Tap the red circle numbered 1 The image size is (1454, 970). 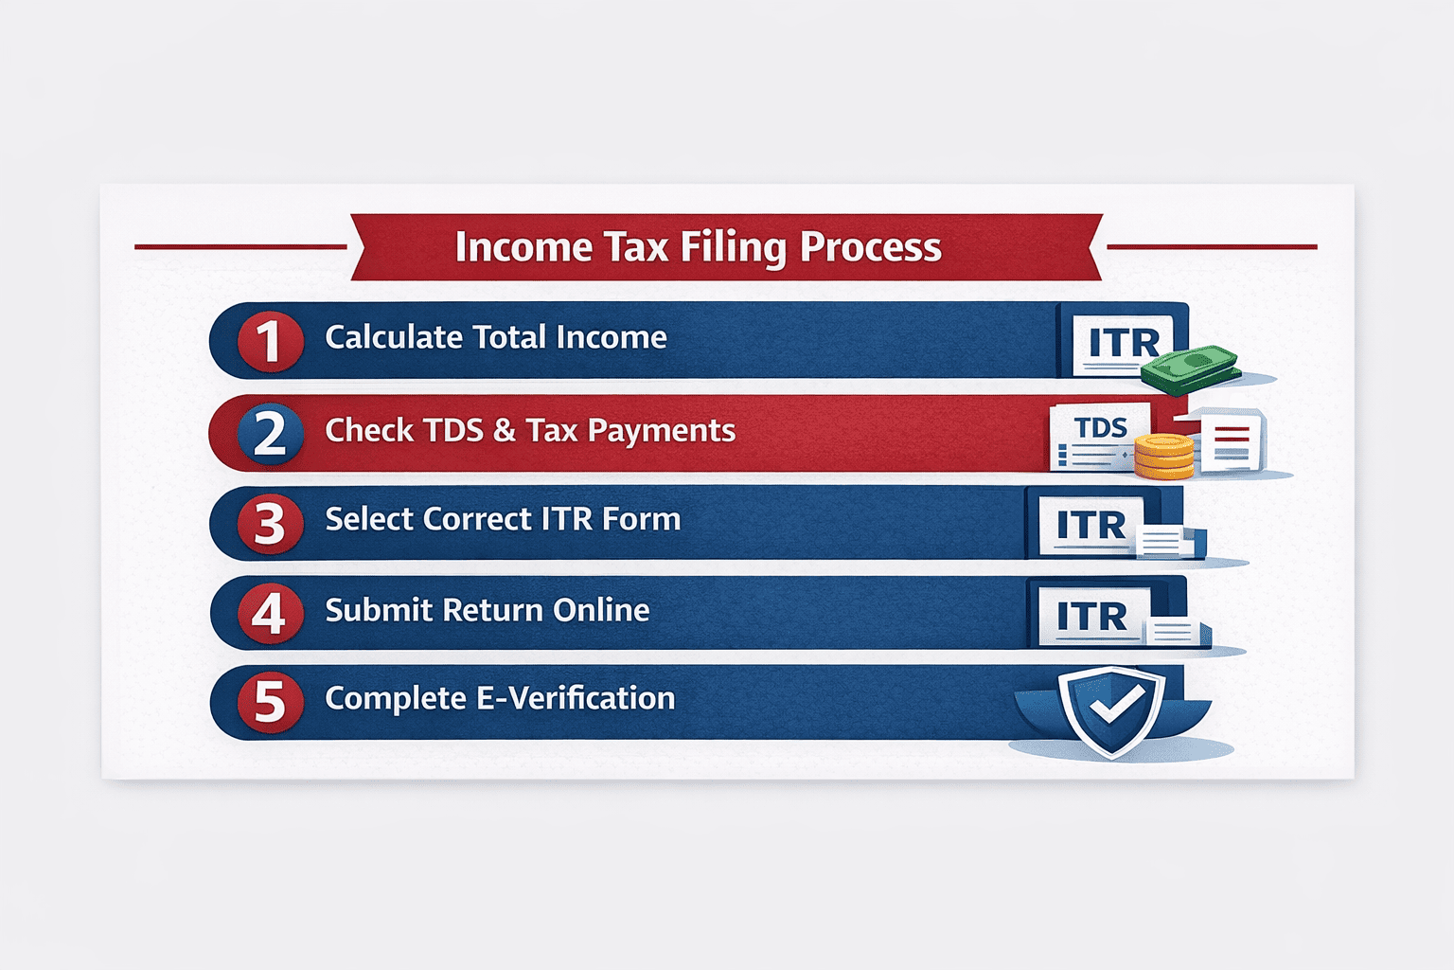[x=270, y=341]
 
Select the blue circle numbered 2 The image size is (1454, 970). [x=270, y=434]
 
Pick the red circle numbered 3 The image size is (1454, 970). [x=270, y=523]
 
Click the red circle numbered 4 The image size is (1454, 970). [x=270, y=614]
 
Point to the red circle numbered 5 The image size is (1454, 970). [x=270, y=702]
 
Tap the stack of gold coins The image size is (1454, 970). [x=1163, y=457]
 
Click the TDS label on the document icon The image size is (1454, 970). [x=1101, y=428]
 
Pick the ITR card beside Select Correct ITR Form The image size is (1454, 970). [x=1090, y=525]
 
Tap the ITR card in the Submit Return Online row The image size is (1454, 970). [x=1091, y=617]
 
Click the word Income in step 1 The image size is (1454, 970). [x=612, y=337]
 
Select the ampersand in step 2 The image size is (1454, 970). [x=505, y=430]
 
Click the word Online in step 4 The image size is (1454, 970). [x=601, y=610]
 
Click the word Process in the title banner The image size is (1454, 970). [x=871, y=248]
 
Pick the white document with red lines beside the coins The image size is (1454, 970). [x=1231, y=441]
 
